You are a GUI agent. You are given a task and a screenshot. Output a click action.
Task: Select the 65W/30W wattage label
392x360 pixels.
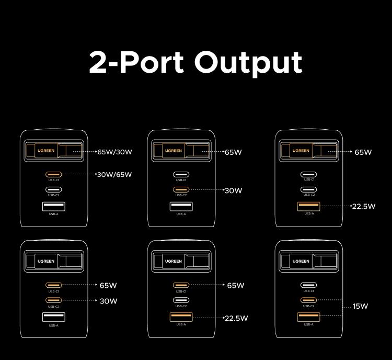[114, 152]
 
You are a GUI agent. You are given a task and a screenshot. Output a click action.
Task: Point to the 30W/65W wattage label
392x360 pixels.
[114, 174]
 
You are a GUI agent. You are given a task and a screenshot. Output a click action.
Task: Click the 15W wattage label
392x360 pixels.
[360, 306]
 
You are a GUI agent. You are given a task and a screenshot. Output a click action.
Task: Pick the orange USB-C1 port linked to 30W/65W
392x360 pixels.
[54, 174]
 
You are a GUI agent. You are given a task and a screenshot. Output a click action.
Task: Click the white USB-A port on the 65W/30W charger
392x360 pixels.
[54, 206]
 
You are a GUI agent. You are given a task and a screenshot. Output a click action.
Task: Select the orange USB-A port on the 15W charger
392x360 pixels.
[308, 317]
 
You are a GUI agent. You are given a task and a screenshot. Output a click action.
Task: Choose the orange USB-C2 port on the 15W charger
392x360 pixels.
[308, 300]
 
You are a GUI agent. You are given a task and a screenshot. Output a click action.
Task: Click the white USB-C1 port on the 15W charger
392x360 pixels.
[308, 285]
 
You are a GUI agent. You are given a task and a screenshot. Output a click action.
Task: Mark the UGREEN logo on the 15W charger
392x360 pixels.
[301, 261]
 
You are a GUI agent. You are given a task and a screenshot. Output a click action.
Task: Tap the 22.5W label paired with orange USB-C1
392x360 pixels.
[236, 318]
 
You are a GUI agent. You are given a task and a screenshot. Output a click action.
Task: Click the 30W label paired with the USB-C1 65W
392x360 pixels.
[109, 301]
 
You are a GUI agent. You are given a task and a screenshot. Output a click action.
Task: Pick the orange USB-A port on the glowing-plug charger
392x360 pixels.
[308, 206]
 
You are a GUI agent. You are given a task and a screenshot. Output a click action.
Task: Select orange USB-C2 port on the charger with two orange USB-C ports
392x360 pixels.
[54, 300]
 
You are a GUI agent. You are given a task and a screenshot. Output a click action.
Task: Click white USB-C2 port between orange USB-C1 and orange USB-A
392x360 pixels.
[181, 300]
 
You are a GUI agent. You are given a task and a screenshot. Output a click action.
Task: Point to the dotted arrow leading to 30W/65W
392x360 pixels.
[79, 174]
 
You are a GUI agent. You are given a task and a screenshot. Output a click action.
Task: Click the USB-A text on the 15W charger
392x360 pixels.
[308, 324]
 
